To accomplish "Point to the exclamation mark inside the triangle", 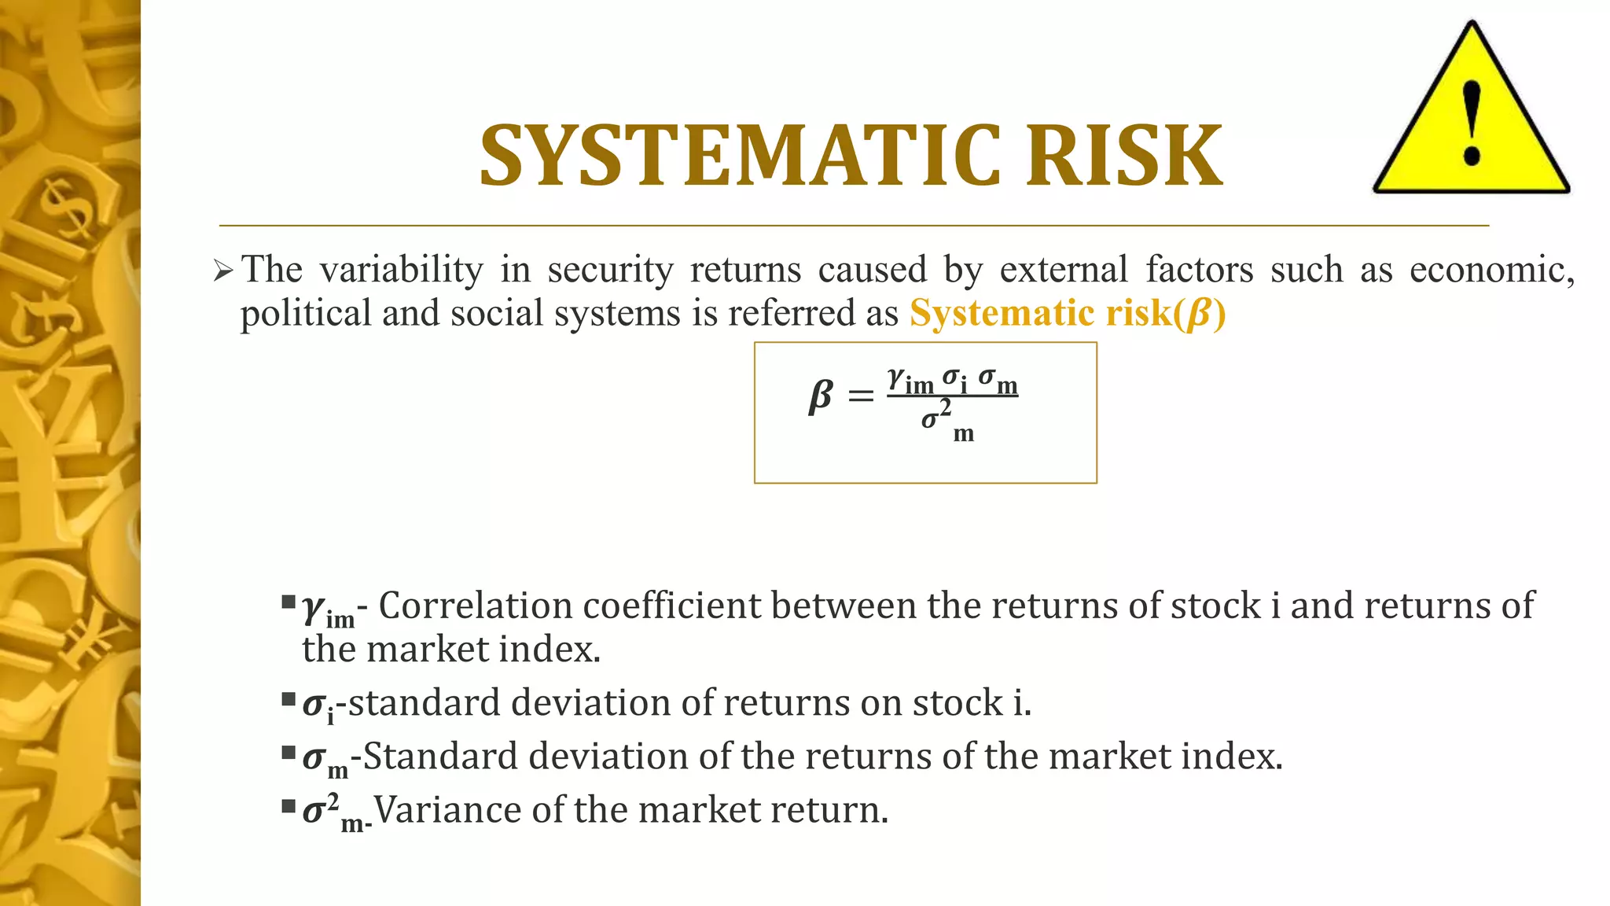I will [x=1472, y=123].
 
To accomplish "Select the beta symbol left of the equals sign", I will [x=820, y=396].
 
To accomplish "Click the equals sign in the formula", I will [x=861, y=396].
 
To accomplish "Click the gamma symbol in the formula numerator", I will [x=896, y=378].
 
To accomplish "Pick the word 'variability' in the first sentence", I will [x=401, y=270].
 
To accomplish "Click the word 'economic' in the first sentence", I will [x=1491, y=270].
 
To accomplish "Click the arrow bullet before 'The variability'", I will [x=223, y=272].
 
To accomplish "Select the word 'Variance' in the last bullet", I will [x=447, y=809].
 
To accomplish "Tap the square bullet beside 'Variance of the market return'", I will [x=288, y=805].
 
